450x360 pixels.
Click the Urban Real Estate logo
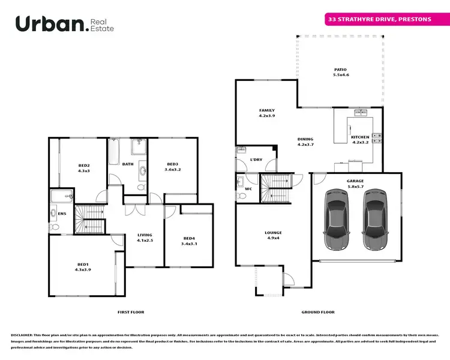click(x=64, y=24)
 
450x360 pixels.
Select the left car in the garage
click(x=337, y=221)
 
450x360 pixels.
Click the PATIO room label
click(x=340, y=70)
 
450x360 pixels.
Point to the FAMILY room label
click(x=266, y=110)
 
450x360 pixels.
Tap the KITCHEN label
click(x=360, y=137)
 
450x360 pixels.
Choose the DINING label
click(x=305, y=139)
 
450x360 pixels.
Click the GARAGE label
click(x=355, y=181)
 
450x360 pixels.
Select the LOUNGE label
click(x=273, y=233)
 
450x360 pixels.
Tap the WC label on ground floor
click(x=248, y=189)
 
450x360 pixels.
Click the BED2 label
click(x=84, y=166)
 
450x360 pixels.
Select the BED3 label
click(x=173, y=164)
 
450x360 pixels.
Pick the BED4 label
click(x=189, y=239)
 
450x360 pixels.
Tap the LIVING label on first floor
click(x=145, y=235)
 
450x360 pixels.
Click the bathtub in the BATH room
click(x=115, y=151)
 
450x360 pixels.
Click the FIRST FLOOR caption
click(x=130, y=312)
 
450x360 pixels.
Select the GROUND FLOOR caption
click(x=317, y=312)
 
